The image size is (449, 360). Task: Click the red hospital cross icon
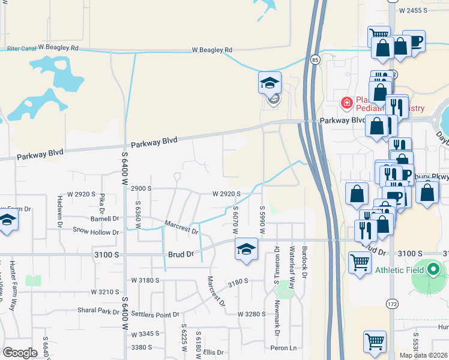[x=346, y=103]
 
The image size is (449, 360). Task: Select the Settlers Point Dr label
[x=155, y=314]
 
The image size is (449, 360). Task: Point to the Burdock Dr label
[x=304, y=262]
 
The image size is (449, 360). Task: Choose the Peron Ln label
[x=284, y=348]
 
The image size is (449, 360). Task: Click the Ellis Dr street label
[x=213, y=352]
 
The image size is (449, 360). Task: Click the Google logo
[x=20, y=352]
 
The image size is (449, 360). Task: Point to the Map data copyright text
[x=423, y=355]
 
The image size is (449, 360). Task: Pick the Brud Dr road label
[x=181, y=254]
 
